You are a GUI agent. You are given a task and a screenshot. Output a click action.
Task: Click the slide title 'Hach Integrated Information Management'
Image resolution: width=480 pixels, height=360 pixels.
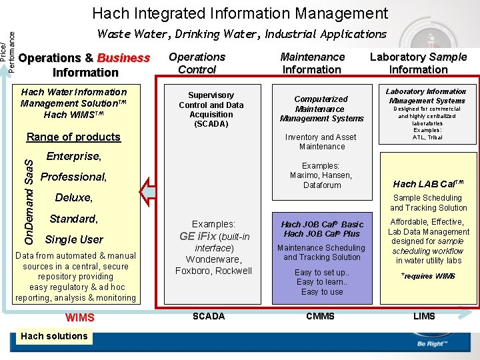coord(240,13)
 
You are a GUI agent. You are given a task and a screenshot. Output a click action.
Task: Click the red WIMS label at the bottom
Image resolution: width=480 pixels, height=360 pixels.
coord(80,317)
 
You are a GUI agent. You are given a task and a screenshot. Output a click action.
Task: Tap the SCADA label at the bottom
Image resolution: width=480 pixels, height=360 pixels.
coord(209,316)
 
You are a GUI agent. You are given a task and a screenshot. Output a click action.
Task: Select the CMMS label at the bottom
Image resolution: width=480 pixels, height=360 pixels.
coord(320,316)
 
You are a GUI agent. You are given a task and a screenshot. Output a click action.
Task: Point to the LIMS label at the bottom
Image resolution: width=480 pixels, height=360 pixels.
coord(424,316)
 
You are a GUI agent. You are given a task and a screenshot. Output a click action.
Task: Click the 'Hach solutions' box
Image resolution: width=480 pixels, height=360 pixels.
coord(54,336)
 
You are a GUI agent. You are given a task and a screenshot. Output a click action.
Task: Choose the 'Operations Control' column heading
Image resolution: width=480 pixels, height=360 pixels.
coord(197,63)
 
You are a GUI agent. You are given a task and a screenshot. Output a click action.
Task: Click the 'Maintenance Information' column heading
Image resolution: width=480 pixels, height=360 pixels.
coord(312,63)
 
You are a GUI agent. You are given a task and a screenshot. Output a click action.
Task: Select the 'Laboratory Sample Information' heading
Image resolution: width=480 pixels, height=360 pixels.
coord(418,63)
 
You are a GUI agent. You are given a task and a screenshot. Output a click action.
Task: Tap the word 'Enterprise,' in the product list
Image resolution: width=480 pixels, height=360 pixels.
coord(74,157)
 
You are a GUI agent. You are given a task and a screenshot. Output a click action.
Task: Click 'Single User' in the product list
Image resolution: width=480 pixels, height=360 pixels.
coord(74,239)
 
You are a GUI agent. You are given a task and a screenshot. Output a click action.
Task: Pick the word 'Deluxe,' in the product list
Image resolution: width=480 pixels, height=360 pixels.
coord(74,198)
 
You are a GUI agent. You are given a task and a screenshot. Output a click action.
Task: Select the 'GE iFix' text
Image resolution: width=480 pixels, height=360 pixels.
coord(197,236)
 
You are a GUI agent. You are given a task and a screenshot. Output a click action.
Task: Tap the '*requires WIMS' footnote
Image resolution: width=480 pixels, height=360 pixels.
coord(427,275)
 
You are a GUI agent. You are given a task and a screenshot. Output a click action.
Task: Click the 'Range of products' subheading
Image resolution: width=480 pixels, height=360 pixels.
coord(73,137)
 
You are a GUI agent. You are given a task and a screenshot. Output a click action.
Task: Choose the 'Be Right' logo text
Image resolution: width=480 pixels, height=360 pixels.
coord(431,344)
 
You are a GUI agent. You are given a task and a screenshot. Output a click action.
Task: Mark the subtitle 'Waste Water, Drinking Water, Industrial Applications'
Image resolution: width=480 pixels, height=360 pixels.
coord(242,34)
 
